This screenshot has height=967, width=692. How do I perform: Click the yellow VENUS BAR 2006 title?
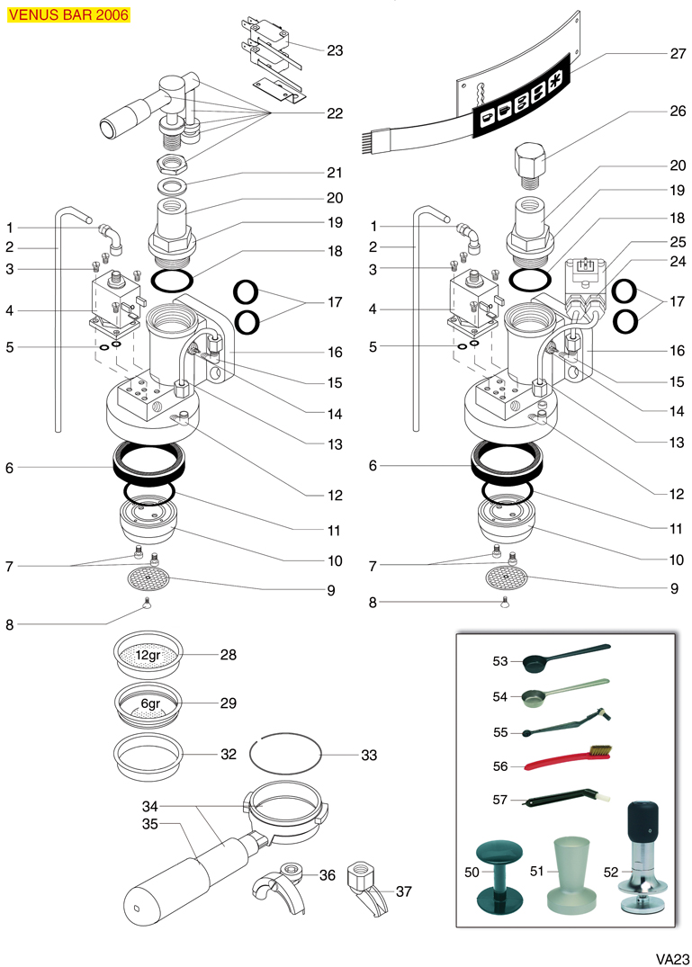pyautogui.click(x=67, y=15)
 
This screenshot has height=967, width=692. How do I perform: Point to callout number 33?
pyautogui.click(x=369, y=756)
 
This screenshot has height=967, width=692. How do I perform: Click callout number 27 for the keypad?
pyautogui.click(x=678, y=53)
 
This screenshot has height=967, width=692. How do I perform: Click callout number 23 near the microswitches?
pyautogui.click(x=335, y=50)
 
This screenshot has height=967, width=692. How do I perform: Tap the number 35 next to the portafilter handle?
pyautogui.click(x=149, y=823)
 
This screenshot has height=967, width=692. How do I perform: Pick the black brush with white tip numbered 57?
pyautogui.click(x=565, y=797)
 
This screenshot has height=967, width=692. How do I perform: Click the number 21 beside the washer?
pyautogui.click(x=335, y=173)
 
